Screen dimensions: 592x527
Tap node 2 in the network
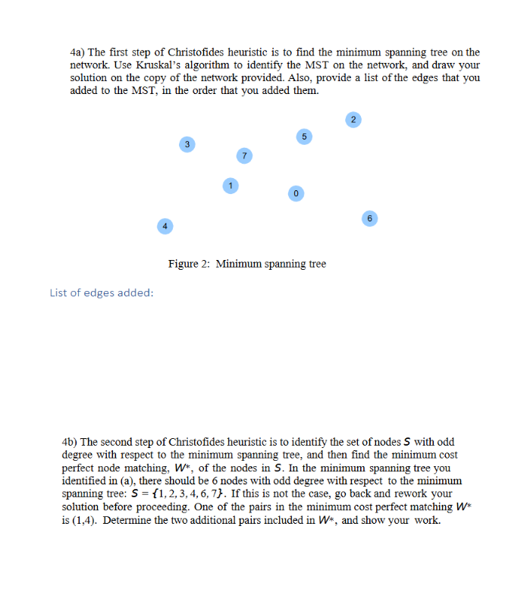[x=353, y=119]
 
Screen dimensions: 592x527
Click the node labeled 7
[x=243, y=155]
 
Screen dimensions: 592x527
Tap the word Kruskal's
[x=160, y=65]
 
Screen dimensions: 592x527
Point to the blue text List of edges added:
[x=101, y=293]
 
